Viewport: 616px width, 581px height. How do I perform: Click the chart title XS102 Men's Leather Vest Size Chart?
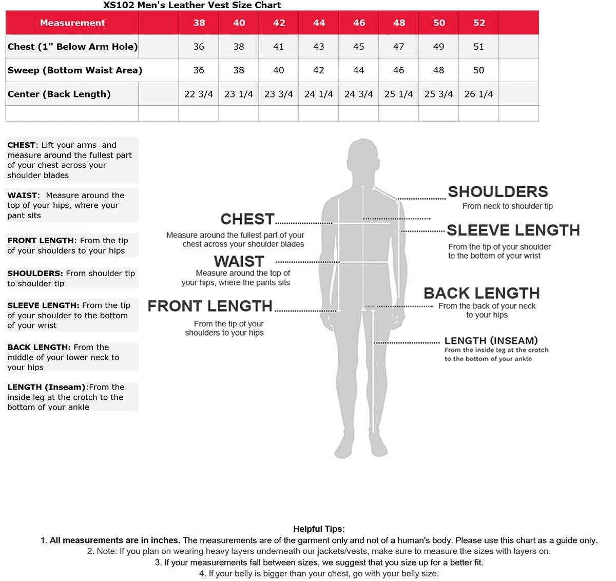pyautogui.click(x=192, y=5)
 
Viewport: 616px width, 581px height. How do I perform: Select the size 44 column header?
pyautogui.click(x=319, y=23)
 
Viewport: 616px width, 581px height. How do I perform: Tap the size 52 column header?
pyautogui.click(x=479, y=23)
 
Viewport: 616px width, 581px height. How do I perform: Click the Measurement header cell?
pyautogui.click(x=72, y=23)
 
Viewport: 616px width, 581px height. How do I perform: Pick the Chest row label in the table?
pyautogui.click(x=72, y=47)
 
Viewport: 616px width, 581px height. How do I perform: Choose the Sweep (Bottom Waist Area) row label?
pyautogui.click(x=75, y=70)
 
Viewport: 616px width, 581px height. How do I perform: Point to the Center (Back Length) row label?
pyautogui.click(x=59, y=94)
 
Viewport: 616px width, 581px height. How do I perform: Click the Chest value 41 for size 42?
pyautogui.click(x=279, y=47)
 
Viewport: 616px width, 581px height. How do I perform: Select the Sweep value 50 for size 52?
pyautogui.click(x=479, y=70)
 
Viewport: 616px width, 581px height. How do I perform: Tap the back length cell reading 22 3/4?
pyautogui.click(x=199, y=94)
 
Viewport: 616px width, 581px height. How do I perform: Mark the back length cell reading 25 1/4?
pyautogui.click(x=399, y=94)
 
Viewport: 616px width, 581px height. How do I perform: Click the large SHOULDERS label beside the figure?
pyautogui.click(x=498, y=192)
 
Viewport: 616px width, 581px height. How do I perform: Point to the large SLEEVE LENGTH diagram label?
pyautogui.click(x=513, y=230)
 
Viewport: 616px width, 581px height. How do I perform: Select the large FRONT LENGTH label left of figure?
pyautogui.click(x=210, y=306)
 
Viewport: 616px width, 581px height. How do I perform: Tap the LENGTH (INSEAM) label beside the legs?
pyautogui.click(x=491, y=340)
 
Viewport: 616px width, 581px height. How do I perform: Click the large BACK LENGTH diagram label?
pyautogui.click(x=482, y=293)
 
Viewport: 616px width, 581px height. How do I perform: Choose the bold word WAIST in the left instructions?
pyautogui.click(x=22, y=196)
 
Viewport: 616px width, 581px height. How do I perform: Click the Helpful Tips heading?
pyautogui.click(x=319, y=529)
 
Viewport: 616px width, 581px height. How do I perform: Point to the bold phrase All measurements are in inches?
pyautogui.click(x=115, y=540)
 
